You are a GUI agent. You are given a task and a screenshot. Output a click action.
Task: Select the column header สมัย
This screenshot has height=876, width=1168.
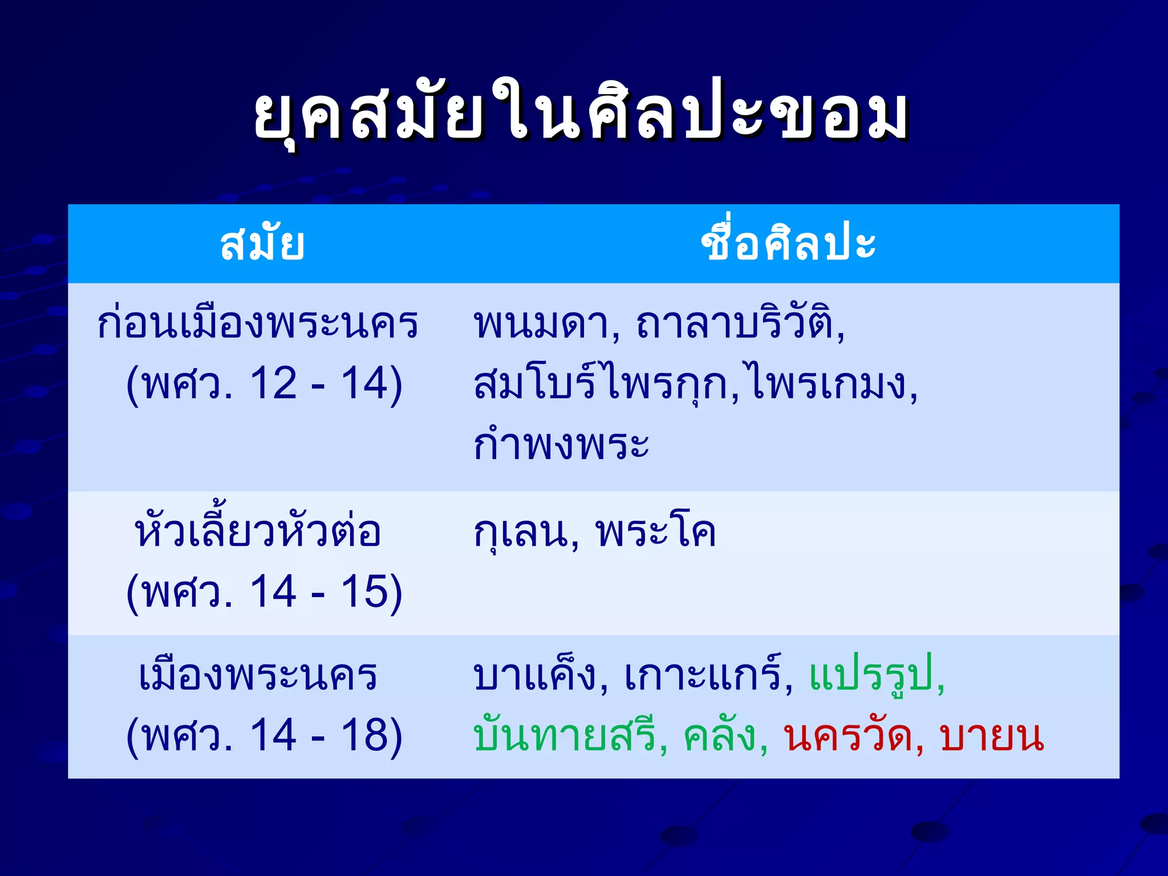[262, 244]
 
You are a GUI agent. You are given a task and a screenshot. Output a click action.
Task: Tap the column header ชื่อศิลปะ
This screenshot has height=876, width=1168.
[788, 244]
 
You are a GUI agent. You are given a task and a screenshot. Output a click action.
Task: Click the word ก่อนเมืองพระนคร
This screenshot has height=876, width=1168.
[258, 323]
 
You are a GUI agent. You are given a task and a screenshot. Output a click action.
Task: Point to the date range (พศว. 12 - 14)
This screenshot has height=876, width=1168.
[264, 384]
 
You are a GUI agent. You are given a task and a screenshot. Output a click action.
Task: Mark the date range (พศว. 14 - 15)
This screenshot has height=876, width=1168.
[264, 592]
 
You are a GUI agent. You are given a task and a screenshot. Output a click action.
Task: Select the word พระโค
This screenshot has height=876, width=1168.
[656, 532]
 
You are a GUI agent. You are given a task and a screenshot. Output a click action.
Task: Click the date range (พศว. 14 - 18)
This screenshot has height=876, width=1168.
[264, 736]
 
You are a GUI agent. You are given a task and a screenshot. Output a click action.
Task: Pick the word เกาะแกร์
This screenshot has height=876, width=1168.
[708, 676]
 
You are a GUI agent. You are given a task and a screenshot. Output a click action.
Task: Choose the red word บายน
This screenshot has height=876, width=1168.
[992, 736]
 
